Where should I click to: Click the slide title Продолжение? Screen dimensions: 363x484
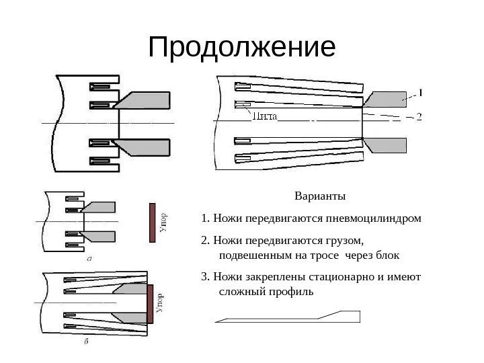(241, 48)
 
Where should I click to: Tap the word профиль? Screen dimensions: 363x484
(290, 293)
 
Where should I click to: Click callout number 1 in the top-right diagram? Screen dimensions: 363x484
(420, 91)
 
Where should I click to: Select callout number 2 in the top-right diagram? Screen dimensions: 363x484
(419, 116)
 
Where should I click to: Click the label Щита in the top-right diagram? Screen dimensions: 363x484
(264, 116)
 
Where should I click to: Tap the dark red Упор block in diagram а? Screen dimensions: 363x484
(153, 223)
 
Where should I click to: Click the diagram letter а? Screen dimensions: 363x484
(89, 257)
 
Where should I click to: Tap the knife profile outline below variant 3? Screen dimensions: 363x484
(289, 318)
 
